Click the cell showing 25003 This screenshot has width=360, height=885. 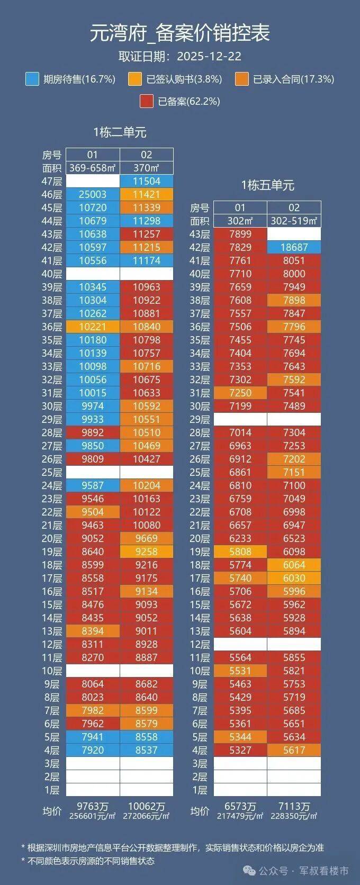[x=93, y=194]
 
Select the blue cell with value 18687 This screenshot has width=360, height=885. [x=294, y=247]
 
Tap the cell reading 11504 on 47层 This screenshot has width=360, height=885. [x=147, y=182]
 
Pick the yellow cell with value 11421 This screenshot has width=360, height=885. [x=147, y=194]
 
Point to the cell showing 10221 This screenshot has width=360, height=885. [x=93, y=327]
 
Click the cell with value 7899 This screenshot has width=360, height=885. [x=240, y=234]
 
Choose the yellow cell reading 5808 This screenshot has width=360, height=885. [x=240, y=552]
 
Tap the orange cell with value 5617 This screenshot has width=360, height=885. [x=294, y=750]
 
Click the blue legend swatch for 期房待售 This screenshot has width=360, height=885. [x=32, y=79]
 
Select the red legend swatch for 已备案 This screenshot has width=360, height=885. [x=147, y=101]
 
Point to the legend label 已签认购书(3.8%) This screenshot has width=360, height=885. [x=184, y=79]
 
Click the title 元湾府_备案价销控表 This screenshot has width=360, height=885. [x=180, y=33]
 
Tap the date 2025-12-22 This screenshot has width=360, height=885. [x=209, y=56]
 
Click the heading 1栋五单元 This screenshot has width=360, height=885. [x=268, y=185]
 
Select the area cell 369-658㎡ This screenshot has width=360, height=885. [x=93, y=168]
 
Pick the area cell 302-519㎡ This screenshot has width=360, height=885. [x=294, y=221]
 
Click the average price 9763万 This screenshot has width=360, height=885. [x=93, y=806]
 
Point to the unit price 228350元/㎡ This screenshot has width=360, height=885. [x=294, y=816]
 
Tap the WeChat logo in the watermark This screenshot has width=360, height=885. [x=249, y=871]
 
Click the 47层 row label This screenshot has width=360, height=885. [x=52, y=182]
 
